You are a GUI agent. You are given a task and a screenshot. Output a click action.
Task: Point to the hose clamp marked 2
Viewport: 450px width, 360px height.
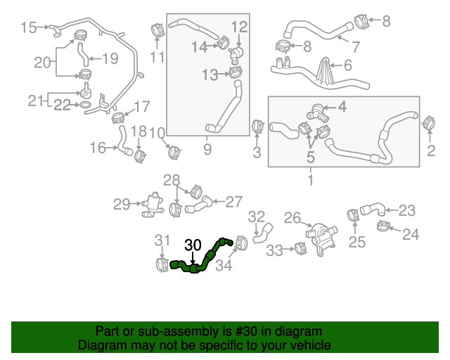pyautogui.click(x=426, y=123)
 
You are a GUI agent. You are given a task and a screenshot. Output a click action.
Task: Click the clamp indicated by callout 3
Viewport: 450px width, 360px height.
pyautogui.click(x=257, y=127)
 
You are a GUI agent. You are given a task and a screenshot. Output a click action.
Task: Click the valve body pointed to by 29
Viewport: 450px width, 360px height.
pyautogui.click(x=150, y=205)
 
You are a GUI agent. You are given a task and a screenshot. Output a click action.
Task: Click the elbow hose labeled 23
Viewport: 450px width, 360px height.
pyautogui.click(x=373, y=209)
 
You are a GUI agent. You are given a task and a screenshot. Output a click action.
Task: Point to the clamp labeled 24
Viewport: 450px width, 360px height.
pyautogui.click(x=385, y=226)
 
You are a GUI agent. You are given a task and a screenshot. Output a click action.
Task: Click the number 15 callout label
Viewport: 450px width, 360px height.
pyautogui.click(x=28, y=27)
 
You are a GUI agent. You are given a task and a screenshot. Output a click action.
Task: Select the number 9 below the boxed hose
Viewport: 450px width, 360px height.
pyautogui.click(x=207, y=149)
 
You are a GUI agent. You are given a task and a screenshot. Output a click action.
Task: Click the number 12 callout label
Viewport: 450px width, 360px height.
pyautogui.click(x=239, y=27)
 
